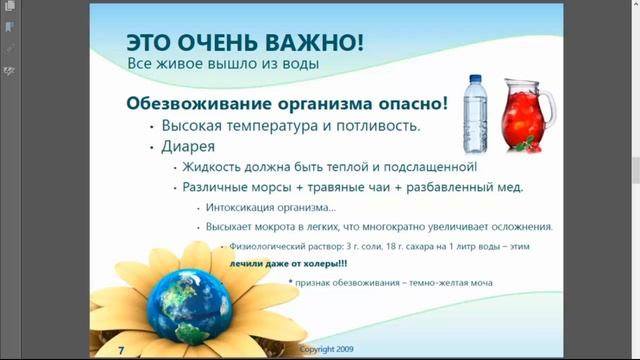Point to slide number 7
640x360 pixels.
pyautogui.click(x=121, y=350)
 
